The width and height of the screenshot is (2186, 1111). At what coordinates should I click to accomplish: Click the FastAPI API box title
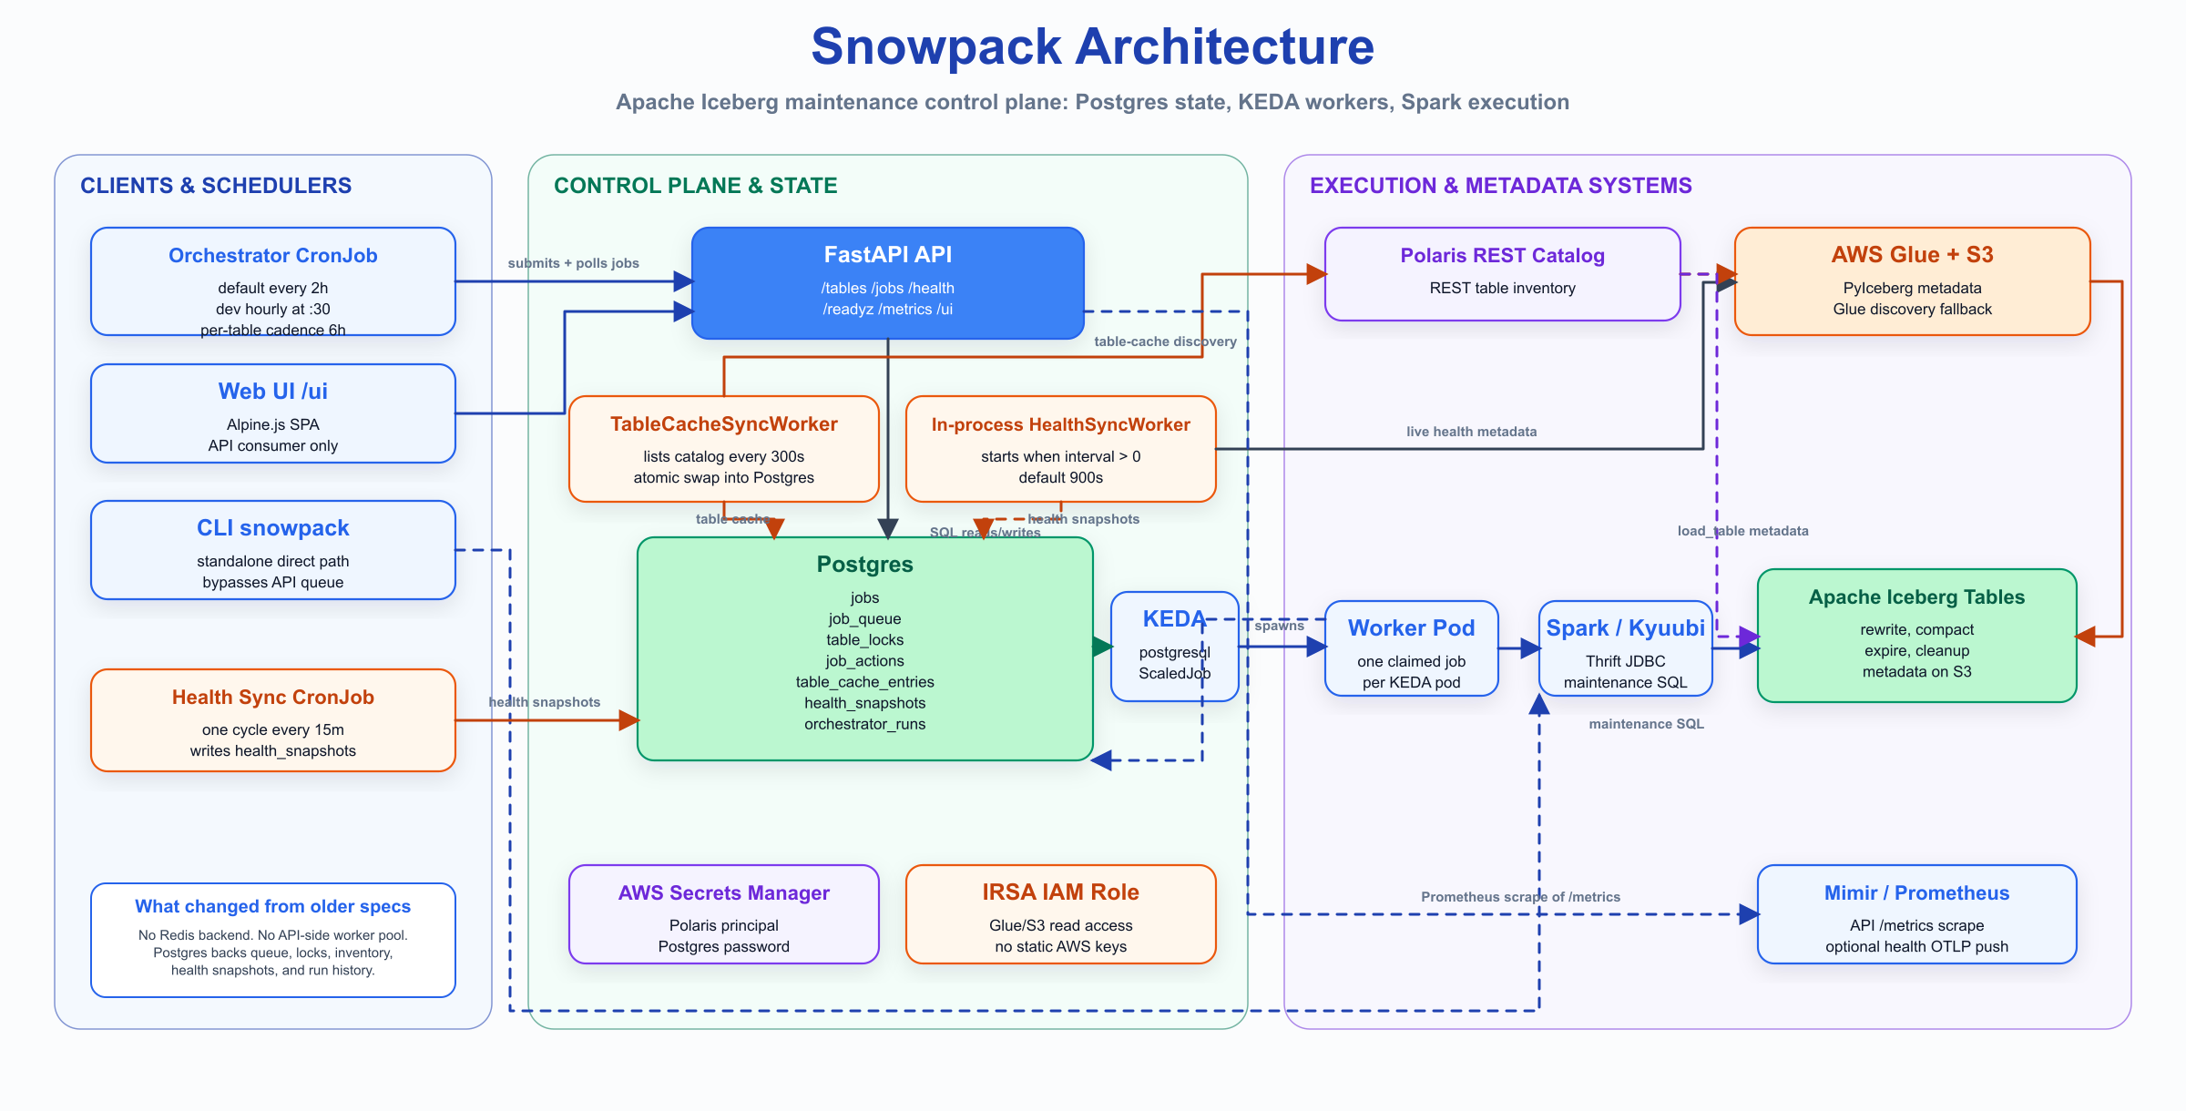point(887,255)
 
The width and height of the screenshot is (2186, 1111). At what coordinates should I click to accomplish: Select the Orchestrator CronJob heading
point(272,256)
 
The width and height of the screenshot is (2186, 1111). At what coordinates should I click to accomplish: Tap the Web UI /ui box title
point(272,392)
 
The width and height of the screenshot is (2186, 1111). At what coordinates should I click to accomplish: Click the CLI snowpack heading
point(272,528)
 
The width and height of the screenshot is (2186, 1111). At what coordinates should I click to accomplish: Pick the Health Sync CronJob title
point(272,698)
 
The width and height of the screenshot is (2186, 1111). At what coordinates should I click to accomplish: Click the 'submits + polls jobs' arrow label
point(573,263)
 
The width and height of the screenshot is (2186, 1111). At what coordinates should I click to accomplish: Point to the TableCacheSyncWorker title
point(723,424)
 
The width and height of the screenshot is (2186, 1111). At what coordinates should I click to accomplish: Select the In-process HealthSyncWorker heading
point(1060,424)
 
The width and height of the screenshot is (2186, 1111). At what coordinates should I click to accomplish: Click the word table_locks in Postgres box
point(864,640)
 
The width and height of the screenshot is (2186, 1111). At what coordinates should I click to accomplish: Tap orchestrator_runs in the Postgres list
point(864,724)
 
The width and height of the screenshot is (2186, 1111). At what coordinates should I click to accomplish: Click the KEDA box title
point(1173,619)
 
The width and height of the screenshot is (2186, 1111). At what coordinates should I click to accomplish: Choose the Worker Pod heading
point(1411,628)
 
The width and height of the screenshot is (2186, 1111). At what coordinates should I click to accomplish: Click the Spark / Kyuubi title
point(1625,628)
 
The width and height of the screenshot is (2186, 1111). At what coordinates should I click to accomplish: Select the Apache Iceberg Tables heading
point(1916,597)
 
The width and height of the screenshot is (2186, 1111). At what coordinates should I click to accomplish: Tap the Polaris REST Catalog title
point(1502,256)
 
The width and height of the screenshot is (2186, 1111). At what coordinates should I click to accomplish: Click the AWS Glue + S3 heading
point(1912,255)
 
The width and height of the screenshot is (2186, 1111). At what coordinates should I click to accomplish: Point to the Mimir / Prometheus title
point(1916,893)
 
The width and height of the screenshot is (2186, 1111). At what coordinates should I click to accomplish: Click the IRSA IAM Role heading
point(1060,892)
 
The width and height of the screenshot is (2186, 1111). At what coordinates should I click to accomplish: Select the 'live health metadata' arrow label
point(1471,432)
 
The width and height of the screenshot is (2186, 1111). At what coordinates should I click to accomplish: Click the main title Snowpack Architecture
point(1092,47)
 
